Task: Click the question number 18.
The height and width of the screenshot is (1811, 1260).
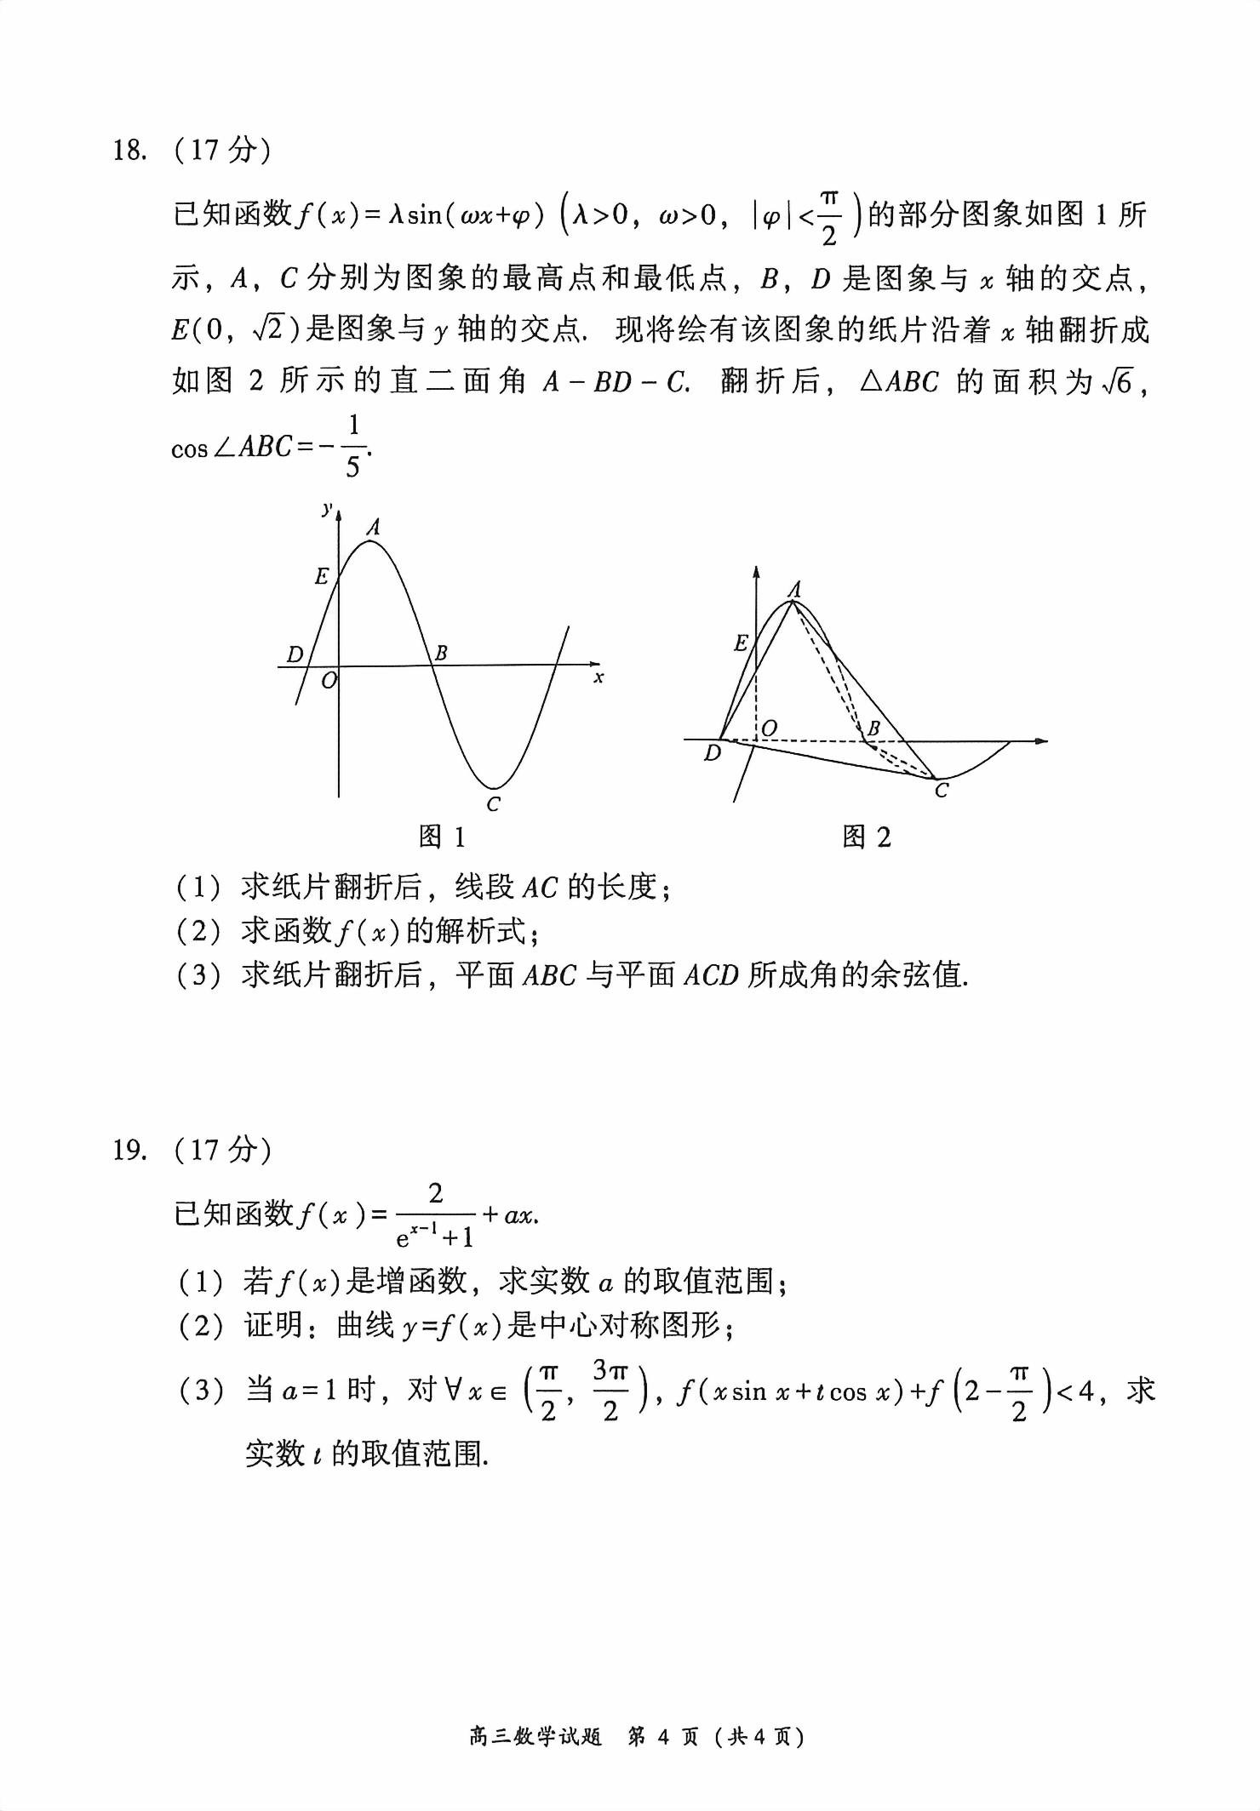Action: pyautogui.click(x=129, y=151)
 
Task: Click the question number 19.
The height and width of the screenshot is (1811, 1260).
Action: pyautogui.click(x=129, y=1151)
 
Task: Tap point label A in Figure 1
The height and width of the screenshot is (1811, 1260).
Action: pyautogui.click(x=373, y=528)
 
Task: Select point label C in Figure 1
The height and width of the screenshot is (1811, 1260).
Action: pyautogui.click(x=493, y=804)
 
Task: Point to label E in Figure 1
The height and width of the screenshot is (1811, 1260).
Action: pyautogui.click(x=321, y=576)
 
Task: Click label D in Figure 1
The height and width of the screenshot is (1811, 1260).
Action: pyautogui.click(x=295, y=654)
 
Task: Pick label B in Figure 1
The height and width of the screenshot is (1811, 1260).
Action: pyautogui.click(x=441, y=654)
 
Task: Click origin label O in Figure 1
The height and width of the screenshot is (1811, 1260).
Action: pyautogui.click(x=329, y=680)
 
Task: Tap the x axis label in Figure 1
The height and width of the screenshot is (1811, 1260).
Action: pyautogui.click(x=598, y=677)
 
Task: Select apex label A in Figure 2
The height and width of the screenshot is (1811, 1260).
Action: pyautogui.click(x=794, y=589)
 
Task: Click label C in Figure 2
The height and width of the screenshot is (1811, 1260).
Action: pyautogui.click(x=941, y=791)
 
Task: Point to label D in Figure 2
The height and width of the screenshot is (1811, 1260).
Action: pyautogui.click(x=713, y=753)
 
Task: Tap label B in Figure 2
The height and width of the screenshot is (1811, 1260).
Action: pyautogui.click(x=873, y=728)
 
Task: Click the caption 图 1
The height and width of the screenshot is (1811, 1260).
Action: pyautogui.click(x=442, y=837)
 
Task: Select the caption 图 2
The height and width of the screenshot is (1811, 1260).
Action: pyautogui.click(x=866, y=837)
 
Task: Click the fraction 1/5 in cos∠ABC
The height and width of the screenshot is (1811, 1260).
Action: pyautogui.click(x=353, y=446)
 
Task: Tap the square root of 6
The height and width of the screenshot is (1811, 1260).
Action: pyautogui.click(x=1117, y=383)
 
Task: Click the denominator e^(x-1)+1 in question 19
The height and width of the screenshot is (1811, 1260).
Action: pyautogui.click(x=435, y=1236)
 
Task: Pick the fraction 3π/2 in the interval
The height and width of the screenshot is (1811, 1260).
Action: pyautogui.click(x=610, y=1391)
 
